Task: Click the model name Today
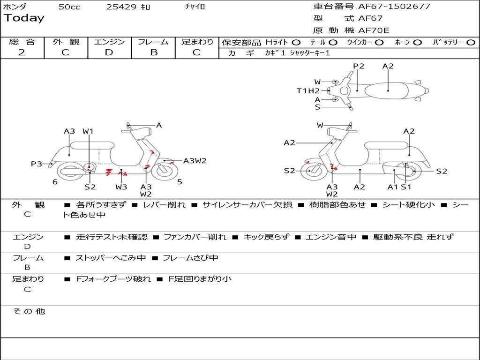point(24,18)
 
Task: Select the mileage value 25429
point(121,7)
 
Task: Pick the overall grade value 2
point(22,52)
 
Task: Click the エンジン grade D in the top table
point(109,52)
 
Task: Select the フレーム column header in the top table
point(153,42)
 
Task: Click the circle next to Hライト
point(296,42)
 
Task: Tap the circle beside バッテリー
point(471,42)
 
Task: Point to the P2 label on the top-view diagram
point(359,66)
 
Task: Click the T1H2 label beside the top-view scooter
point(308,91)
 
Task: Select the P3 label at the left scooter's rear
point(37,164)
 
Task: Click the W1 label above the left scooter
point(88,131)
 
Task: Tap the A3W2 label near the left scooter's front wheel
point(195,161)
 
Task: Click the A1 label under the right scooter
point(392,187)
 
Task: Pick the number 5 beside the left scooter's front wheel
point(180,182)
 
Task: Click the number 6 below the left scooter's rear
point(55,182)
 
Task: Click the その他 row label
point(29,311)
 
